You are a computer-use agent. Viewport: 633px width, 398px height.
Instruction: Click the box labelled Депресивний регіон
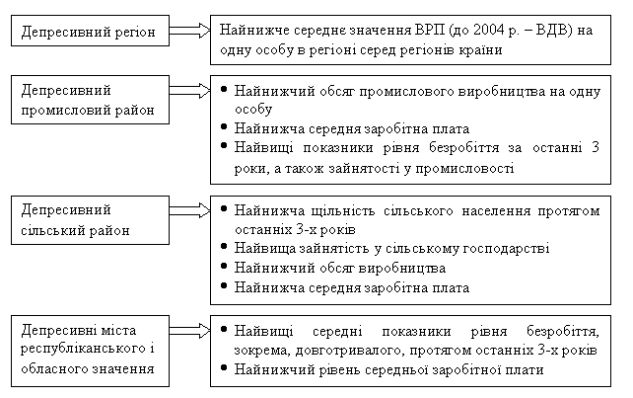click(90, 31)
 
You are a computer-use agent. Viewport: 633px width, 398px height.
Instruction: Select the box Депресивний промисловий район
click(90, 100)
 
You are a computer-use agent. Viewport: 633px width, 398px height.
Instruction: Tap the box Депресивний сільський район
click(90, 220)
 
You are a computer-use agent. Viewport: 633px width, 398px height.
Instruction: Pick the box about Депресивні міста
click(90, 351)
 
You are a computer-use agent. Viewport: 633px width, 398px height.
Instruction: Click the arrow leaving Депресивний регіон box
click(189, 31)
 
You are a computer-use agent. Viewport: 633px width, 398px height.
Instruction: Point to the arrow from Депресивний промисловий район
click(189, 90)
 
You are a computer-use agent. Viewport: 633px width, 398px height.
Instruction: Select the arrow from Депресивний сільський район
click(189, 210)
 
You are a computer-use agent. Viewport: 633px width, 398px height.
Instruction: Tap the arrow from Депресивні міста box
click(189, 331)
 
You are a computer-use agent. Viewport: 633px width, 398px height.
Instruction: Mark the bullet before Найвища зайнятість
click(224, 246)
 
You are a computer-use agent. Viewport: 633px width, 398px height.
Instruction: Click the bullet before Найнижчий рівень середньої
click(224, 366)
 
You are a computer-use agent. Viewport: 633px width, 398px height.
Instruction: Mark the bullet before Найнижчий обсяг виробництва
click(224, 266)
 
